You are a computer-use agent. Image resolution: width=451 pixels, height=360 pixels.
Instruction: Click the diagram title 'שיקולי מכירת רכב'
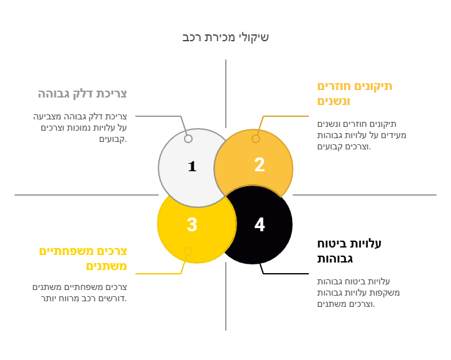tap(225, 37)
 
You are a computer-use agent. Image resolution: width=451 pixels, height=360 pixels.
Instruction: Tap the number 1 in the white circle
tap(192, 166)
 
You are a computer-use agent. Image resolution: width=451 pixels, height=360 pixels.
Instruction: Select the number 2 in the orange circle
tap(260, 165)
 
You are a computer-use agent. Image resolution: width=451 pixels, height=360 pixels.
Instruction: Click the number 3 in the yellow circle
tap(192, 224)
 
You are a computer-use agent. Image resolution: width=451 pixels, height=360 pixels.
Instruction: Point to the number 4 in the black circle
tap(260, 224)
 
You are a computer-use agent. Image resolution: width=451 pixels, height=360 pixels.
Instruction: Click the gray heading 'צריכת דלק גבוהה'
tap(83, 94)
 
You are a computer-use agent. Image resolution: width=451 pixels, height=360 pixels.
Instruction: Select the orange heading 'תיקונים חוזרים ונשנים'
tap(355, 93)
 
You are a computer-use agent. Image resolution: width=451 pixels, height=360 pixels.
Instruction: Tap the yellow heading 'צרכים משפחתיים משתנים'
tap(83, 258)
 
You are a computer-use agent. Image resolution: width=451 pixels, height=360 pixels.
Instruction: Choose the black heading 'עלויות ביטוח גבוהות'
tap(349, 251)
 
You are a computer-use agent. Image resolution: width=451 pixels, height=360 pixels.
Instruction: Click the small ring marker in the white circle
tap(188, 139)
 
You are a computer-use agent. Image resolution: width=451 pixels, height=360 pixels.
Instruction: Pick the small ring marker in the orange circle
tap(256, 139)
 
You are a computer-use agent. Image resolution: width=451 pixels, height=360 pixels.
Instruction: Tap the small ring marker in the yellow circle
tap(188, 251)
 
